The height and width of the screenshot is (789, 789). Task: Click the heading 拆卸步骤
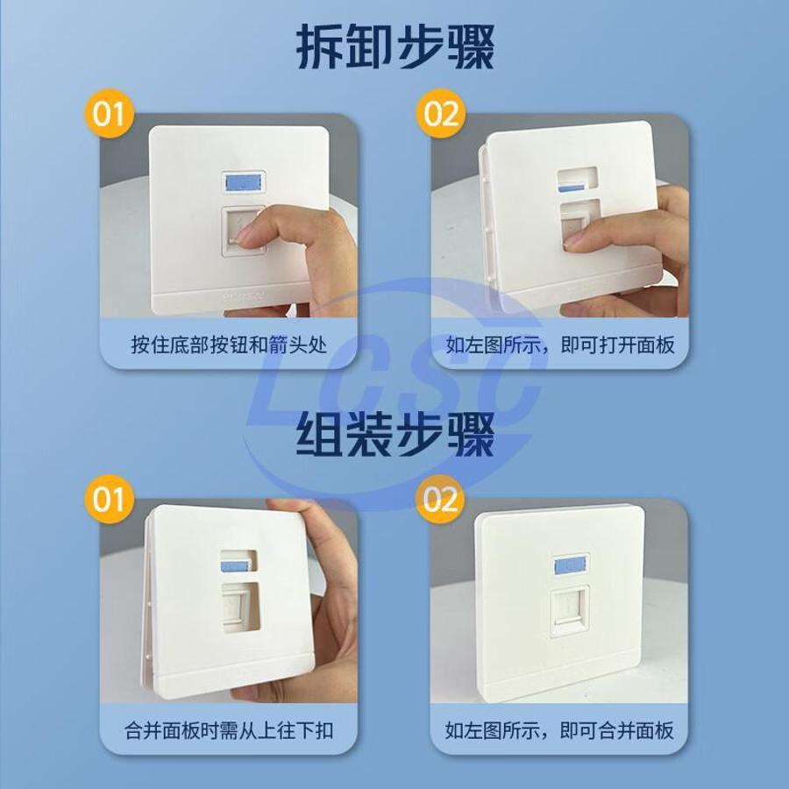[x=395, y=48]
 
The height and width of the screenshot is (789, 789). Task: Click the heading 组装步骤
[x=395, y=434]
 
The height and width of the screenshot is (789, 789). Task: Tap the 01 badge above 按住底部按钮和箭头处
[x=109, y=114]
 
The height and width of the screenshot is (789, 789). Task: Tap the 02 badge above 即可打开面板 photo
[x=440, y=114]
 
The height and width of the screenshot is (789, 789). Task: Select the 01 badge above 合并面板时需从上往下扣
[x=109, y=499]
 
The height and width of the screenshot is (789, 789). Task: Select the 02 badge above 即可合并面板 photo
[x=440, y=499]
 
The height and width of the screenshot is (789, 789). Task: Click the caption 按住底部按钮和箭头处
[x=229, y=345]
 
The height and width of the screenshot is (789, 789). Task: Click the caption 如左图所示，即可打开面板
[x=559, y=345]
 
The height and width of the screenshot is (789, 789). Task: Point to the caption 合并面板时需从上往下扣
[x=229, y=730]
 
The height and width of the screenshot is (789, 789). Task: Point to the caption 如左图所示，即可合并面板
[x=559, y=730]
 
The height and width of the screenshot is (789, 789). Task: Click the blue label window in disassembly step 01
[x=244, y=182]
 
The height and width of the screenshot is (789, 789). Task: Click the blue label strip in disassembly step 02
[x=571, y=188]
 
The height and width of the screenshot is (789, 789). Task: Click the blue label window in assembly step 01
[x=234, y=566]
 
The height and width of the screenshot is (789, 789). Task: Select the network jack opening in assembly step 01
[x=241, y=607]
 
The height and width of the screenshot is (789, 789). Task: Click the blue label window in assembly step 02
[x=571, y=565]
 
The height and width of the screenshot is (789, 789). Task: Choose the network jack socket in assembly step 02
[x=570, y=611]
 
